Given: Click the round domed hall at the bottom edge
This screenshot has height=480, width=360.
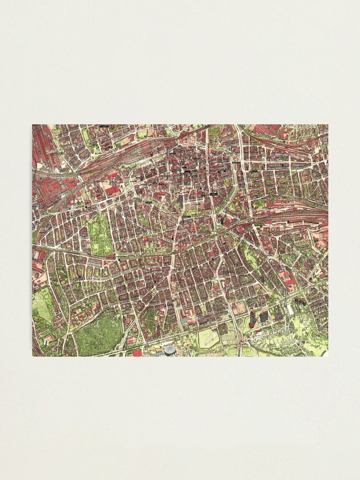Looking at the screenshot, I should click(x=169, y=350).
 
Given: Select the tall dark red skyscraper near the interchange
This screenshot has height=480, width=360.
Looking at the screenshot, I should click(x=253, y=317).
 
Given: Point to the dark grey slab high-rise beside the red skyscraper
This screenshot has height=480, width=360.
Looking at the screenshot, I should click(x=264, y=316).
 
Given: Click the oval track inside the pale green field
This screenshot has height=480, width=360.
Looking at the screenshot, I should click(x=208, y=338).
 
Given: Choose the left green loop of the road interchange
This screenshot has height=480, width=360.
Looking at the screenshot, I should click(x=233, y=351).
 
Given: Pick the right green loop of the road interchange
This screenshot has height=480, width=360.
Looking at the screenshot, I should click(x=247, y=351).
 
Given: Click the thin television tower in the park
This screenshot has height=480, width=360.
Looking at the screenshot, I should click(x=289, y=307).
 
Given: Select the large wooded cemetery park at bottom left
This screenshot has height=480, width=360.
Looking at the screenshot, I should click(x=98, y=336).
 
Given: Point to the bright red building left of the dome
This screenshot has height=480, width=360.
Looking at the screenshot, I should click(x=137, y=353).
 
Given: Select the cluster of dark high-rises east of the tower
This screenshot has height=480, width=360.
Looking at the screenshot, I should click(x=301, y=302).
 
